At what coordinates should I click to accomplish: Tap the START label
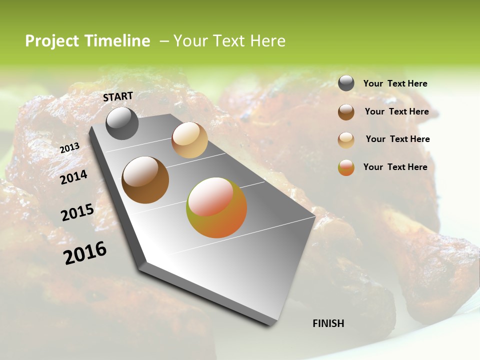(118, 96)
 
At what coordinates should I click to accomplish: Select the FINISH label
(328, 323)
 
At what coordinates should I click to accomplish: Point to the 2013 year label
(69, 148)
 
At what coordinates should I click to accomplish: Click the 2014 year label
(73, 177)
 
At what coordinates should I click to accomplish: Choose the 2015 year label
(77, 212)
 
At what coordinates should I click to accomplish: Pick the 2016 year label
(85, 252)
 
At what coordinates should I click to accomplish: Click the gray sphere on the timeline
(122, 123)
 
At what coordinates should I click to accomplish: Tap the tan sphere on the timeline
(189, 140)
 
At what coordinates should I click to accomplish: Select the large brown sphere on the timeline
(145, 180)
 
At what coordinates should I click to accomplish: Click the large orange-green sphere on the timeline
(216, 207)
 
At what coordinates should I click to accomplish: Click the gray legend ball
(346, 83)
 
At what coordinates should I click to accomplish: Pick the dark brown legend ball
(346, 112)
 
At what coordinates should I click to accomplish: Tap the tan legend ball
(346, 140)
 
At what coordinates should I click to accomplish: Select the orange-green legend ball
(346, 167)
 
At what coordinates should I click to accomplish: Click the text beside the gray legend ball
(395, 84)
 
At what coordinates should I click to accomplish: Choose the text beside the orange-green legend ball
(395, 167)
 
